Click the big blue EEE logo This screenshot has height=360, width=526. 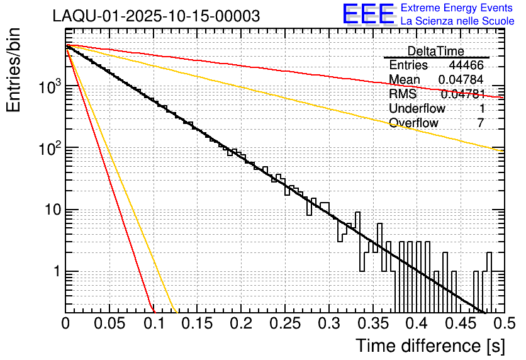pos(368,14)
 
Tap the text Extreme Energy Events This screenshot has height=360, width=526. pos(456,8)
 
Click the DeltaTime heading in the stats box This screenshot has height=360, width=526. pos(435,51)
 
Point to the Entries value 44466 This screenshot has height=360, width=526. pos(466,65)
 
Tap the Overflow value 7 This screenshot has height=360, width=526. pos(480,123)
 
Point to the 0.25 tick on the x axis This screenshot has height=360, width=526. pos(285,323)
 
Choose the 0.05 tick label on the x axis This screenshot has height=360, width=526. pos(109,323)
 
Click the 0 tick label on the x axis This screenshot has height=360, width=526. pos(65,323)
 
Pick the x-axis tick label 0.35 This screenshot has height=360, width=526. pos(372,323)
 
